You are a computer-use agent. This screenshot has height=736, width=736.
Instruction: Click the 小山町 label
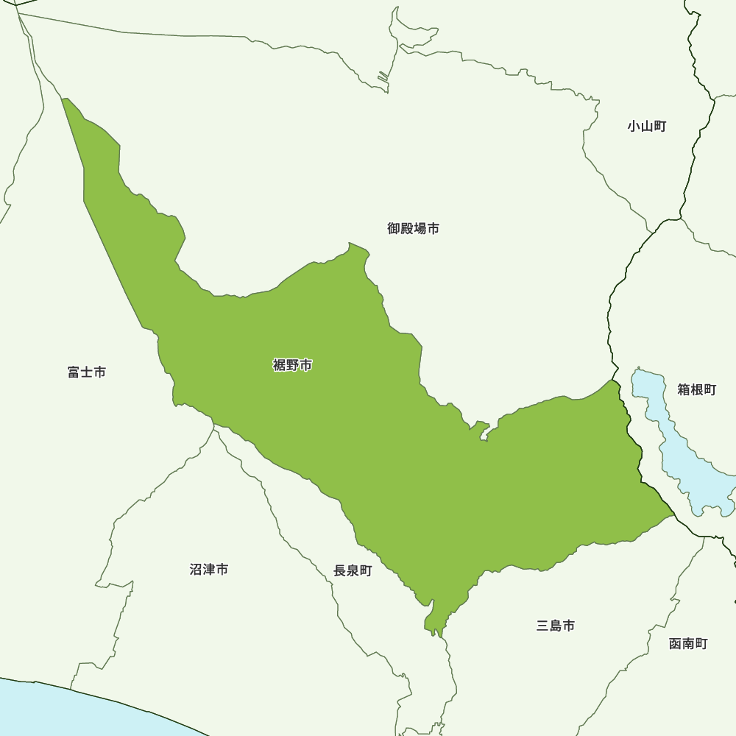tap(647, 127)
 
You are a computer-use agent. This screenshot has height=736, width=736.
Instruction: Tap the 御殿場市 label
tap(414, 229)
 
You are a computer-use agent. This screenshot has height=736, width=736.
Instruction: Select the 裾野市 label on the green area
tap(292, 365)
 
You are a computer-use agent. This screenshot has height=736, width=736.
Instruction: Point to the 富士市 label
tap(87, 372)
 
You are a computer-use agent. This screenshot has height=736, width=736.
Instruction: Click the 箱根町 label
tap(696, 389)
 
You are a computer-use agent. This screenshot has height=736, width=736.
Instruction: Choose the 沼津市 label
tap(209, 569)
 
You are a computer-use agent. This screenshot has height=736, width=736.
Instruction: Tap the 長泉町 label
tap(353, 570)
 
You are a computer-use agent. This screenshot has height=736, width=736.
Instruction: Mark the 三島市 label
tap(556, 626)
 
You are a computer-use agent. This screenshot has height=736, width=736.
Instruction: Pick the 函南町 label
tap(688, 643)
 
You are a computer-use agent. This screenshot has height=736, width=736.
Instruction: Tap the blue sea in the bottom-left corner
tap(59, 710)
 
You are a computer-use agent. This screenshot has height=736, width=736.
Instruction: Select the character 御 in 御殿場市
tap(394, 229)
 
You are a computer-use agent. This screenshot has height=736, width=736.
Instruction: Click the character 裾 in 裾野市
tap(279, 365)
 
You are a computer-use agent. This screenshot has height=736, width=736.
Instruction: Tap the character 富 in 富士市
tap(74, 372)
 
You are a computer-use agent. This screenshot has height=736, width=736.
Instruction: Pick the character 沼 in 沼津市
tap(196, 569)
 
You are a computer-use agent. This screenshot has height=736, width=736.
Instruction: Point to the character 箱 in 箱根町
tap(684, 389)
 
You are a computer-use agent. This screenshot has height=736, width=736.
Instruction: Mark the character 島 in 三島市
tap(556, 626)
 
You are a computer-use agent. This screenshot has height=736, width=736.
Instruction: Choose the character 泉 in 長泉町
tap(353, 570)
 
